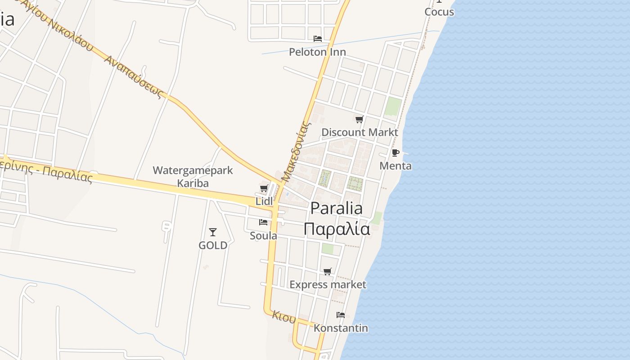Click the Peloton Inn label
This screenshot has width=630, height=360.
317,52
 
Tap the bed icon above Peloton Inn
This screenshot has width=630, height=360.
318,39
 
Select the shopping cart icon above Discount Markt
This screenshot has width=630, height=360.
359,119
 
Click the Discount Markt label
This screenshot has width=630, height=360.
360,132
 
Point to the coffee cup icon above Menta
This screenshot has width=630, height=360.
396,153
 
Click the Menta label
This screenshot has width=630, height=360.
396,166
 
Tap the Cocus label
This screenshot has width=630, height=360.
439,12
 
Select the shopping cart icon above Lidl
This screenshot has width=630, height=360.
264,188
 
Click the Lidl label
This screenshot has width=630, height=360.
264,201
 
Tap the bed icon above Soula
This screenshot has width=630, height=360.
263,222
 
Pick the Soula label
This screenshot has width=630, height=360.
264,236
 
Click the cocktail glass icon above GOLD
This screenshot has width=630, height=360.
213,232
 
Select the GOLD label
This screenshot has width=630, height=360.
213,246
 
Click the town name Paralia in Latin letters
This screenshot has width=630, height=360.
337,208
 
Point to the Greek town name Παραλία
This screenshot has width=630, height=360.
337,229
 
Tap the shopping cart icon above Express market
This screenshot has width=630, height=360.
328,271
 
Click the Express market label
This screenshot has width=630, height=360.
328,285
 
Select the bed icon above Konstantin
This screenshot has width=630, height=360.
341,315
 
